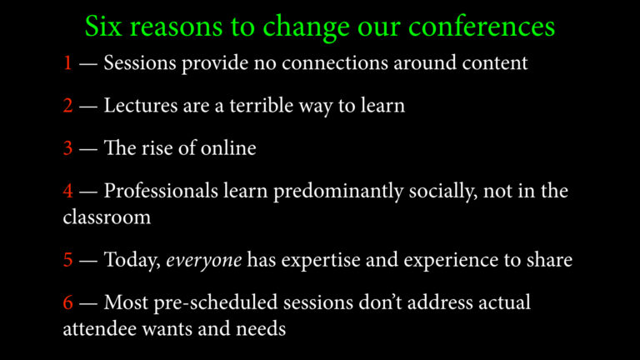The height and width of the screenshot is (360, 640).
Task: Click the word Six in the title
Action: pyautogui.click(x=103, y=26)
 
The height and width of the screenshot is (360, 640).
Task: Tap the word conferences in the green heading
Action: pyautogui.click(x=482, y=26)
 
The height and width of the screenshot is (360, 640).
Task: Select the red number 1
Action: pyautogui.click(x=67, y=62)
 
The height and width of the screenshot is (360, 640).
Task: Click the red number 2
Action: pyautogui.click(x=67, y=105)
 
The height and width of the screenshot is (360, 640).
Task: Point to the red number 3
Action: pyautogui.click(x=67, y=147)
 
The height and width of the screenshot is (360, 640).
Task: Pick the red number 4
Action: pyautogui.click(x=67, y=191)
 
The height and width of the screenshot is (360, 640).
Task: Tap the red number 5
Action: pyautogui.click(x=67, y=260)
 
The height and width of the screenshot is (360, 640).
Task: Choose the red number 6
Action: pyautogui.click(x=67, y=302)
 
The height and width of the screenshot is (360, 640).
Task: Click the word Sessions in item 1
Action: pyautogui.click(x=140, y=62)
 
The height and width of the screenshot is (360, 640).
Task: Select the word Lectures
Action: pyautogui.click(x=141, y=105)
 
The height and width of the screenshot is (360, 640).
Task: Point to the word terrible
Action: pyautogui.click(x=261, y=105)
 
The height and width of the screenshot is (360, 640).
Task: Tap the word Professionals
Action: pyautogui.click(x=161, y=191)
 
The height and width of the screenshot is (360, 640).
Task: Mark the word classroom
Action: pyautogui.click(x=107, y=217)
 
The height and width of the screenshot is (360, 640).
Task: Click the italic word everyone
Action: pyautogui.click(x=203, y=260)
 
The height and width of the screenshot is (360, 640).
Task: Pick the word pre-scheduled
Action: pyautogui.click(x=216, y=303)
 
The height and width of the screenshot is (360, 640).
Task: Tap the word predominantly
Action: pyautogui.click(x=338, y=191)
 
